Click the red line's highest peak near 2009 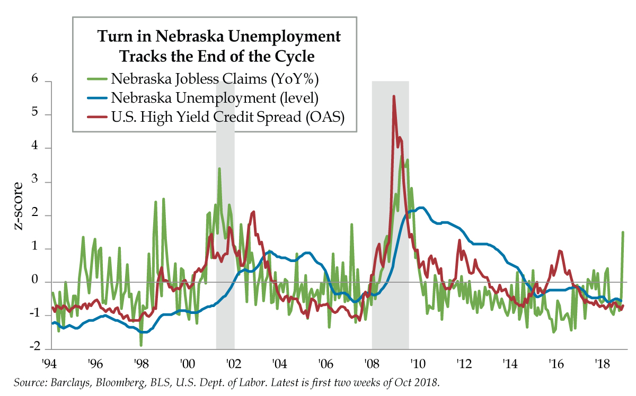[393, 96]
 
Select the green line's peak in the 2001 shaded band [219, 168]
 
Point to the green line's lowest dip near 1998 [141, 345]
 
